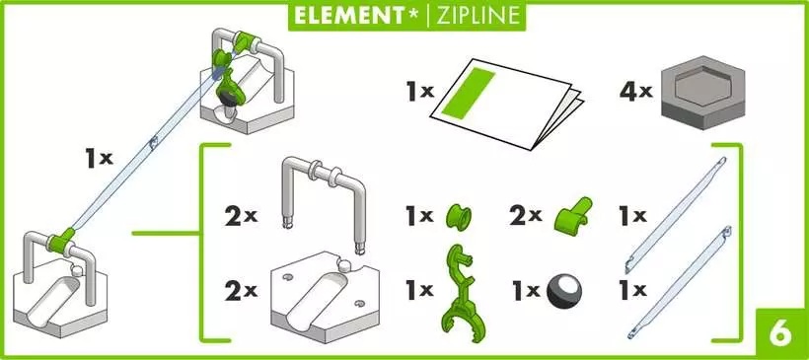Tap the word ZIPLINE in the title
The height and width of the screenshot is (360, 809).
click(x=478, y=16)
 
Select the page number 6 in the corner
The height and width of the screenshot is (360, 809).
click(x=780, y=334)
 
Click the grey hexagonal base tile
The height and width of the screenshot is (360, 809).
click(x=702, y=92)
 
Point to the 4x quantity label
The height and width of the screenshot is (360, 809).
click(x=636, y=93)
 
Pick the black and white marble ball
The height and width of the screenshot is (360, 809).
click(x=563, y=291)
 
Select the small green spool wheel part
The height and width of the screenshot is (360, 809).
click(x=459, y=217)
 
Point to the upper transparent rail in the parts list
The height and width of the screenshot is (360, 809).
click(x=675, y=215)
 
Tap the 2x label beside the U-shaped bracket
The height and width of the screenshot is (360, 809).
click(x=241, y=217)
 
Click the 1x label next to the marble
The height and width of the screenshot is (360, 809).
click(x=526, y=291)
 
